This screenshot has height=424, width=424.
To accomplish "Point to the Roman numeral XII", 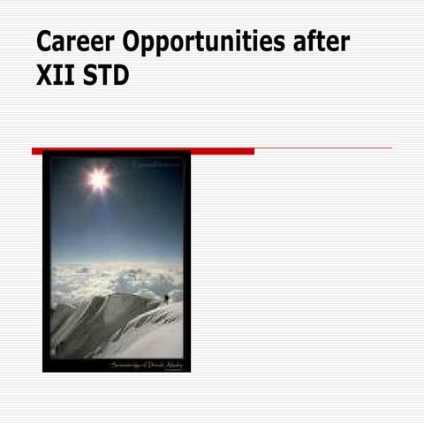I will coord(56,76).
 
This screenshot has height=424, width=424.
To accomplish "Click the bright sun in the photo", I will coord(98,180).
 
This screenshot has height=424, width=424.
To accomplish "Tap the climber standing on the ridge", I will coord(166,299).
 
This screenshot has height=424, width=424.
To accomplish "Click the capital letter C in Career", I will coord(45,43).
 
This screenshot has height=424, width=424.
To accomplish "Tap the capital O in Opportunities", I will coord(132,43).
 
